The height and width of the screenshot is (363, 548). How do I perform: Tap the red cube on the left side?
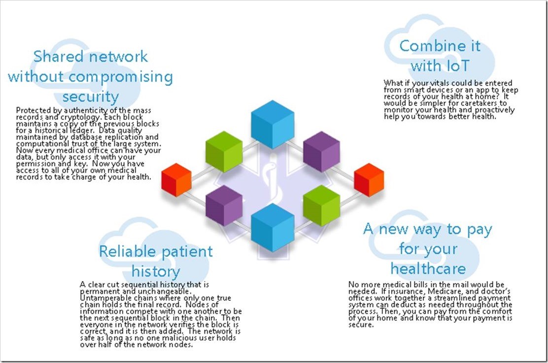pyautogui.click(x=176, y=180)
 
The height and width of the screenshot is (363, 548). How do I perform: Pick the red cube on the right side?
pyautogui.click(x=369, y=180)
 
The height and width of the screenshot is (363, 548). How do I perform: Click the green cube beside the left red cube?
pyautogui.click(x=224, y=151)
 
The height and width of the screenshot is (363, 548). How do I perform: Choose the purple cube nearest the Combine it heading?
pyautogui.click(x=321, y=151)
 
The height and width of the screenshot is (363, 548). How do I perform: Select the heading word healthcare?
pyautogui.click(x=428, y=268)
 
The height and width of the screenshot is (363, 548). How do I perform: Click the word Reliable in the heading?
pyautogui.click(x=127, y=252)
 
